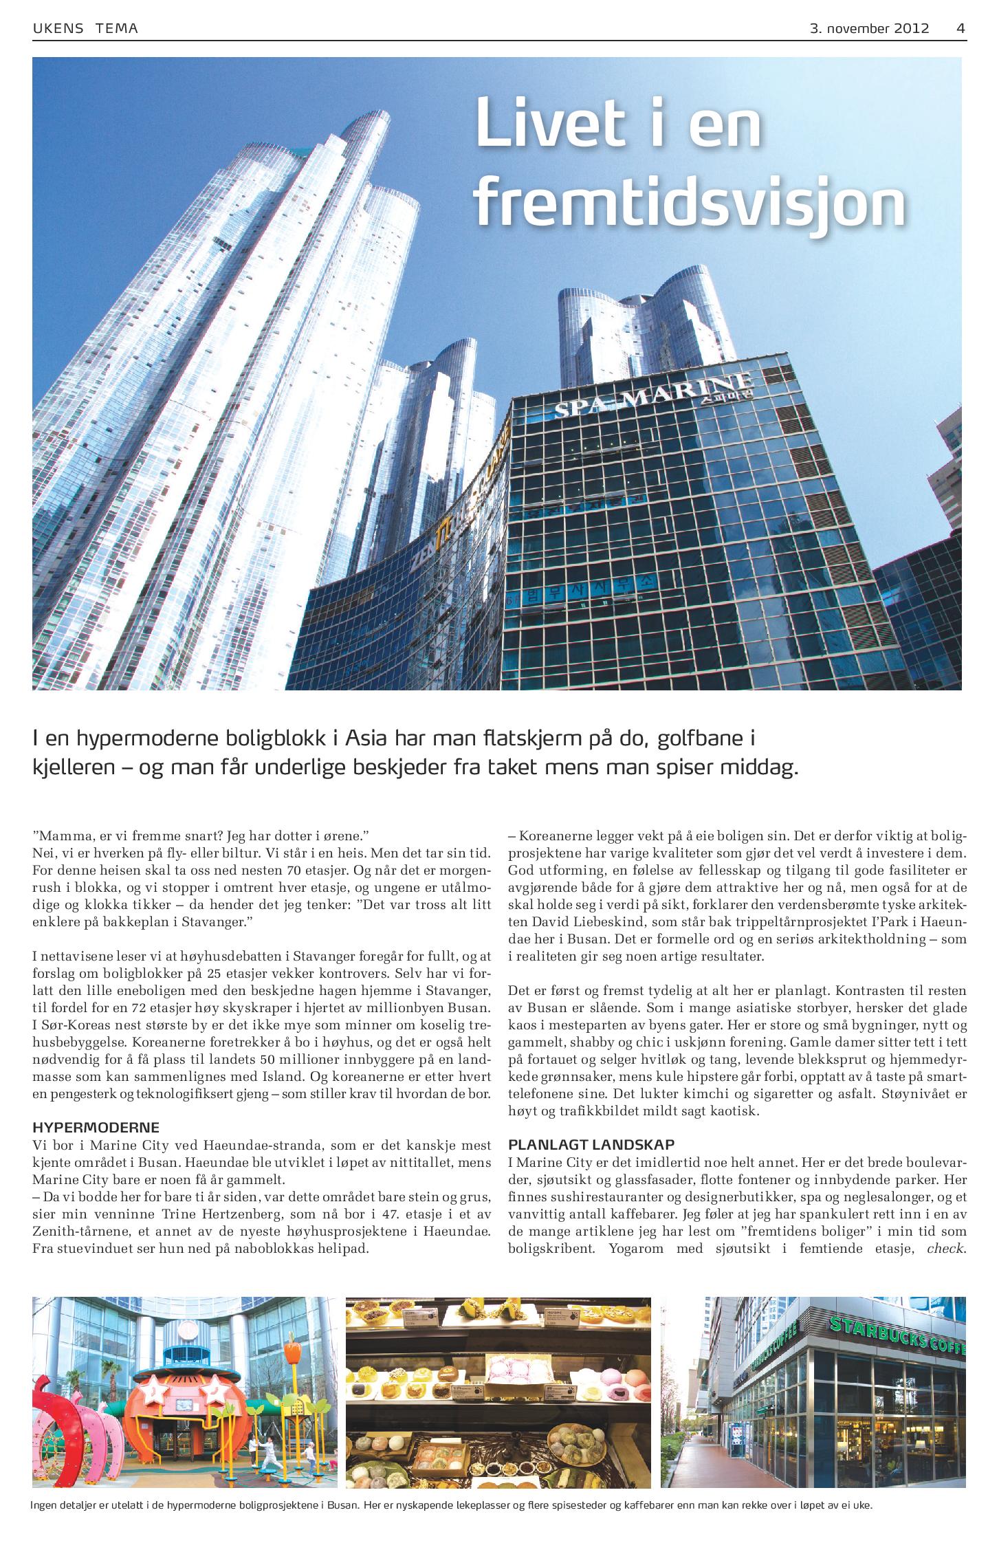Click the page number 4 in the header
tap(960, 29)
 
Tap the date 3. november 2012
tap(869, 29)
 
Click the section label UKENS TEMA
tap(85, 29)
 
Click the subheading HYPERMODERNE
tap(96, 1128)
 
